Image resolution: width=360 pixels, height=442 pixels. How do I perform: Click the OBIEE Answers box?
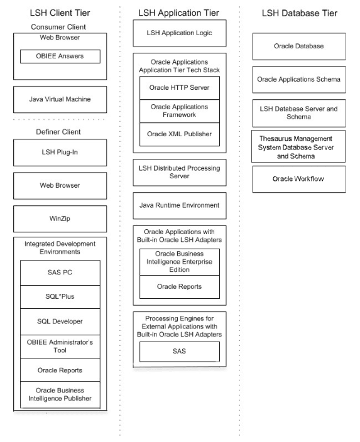(x=60, y=57)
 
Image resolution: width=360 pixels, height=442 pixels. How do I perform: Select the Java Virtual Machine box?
(x=60, y=99)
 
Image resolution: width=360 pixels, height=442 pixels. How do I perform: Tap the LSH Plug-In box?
(x=60, y=152)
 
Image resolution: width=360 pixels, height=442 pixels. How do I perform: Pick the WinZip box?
(x=60, y=218)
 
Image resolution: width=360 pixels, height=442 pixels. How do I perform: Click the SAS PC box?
(x=60, y=272)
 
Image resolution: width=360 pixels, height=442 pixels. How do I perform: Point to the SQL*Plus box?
(x=60, y=297)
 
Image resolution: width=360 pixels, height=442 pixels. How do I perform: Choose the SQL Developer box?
(x=60, y=321)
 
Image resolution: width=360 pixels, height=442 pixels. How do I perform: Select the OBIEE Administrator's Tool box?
(x=60, y=345)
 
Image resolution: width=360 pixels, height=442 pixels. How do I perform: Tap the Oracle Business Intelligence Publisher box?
(x=60, y=394)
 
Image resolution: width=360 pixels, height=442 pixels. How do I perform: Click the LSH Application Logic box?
(x=179, y=33)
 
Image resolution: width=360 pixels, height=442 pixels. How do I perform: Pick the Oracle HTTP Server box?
(x=180, y=87)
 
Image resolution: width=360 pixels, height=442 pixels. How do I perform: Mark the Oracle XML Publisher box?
(x=180, y=134)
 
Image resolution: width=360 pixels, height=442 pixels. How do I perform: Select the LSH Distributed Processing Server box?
(x=179, y=173)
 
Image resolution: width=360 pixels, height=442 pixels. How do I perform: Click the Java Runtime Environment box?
(x=179, y=205)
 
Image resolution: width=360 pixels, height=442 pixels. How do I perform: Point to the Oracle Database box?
(x=298, y=46)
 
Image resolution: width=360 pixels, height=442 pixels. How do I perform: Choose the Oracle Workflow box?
(x=298, y=179)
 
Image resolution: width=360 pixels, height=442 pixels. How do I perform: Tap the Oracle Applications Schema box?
(x=298, y=79)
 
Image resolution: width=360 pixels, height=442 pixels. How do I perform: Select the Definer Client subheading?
(x=60, y=132)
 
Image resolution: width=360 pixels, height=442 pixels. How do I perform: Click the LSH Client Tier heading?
(x=60, y=13)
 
